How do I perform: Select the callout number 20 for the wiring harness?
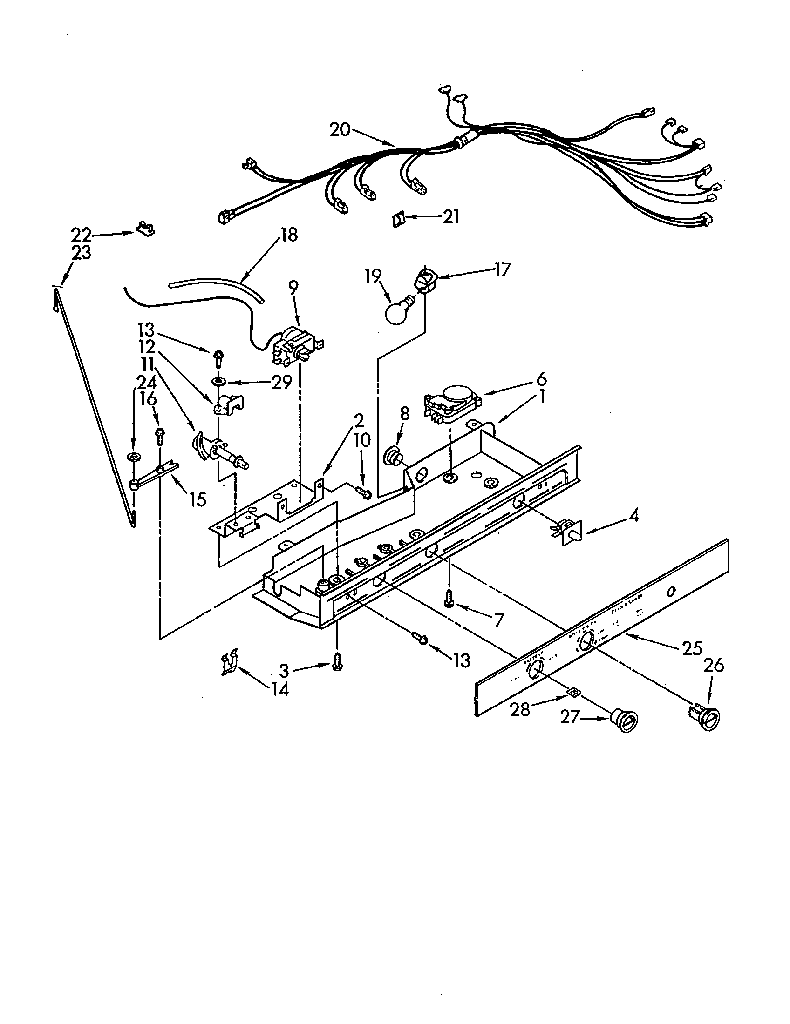340,129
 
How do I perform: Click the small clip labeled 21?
398,219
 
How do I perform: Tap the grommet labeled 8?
392,456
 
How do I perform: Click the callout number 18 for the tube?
289,235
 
